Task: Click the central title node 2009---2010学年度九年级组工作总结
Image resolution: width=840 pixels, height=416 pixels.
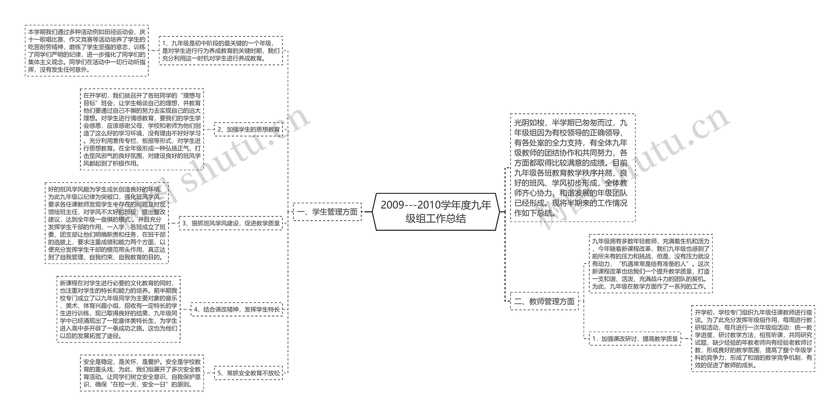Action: click(436, 212)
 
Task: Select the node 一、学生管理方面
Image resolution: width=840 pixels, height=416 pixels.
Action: click(327, 212)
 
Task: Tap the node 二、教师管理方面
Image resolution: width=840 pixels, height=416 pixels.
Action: click(544, 301)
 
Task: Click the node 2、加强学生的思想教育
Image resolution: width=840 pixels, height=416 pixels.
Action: click(248, 129)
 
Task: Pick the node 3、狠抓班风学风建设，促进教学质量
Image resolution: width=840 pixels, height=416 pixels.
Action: click(231, 223)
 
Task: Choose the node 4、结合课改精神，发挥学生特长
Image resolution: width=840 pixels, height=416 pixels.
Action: click(237, 309)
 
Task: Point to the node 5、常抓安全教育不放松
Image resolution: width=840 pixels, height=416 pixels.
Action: click(248, 373)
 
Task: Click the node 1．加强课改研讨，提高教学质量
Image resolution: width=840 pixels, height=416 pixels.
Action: click(635, 339)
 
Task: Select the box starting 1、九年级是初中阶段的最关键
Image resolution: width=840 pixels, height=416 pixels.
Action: click(221, 51)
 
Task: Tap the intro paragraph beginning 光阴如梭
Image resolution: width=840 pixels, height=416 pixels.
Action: click(573, 168)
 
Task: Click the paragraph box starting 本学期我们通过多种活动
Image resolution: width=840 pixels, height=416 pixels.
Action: click(87, 51)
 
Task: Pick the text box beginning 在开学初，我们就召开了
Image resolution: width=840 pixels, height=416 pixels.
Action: click(142, 129)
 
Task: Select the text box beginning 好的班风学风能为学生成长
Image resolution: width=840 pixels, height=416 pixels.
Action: click(107, 223)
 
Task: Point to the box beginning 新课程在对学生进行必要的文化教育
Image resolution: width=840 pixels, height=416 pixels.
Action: click(118, 309)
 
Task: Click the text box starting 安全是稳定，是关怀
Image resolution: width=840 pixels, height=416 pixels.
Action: click(142, 373)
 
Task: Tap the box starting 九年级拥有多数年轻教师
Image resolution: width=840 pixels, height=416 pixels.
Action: click(651, 264)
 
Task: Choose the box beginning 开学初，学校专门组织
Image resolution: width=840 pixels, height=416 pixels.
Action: click(753, 339)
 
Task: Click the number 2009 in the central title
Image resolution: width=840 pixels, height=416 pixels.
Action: click(392, 205)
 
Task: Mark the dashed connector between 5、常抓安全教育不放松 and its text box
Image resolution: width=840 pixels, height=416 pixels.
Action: click(209, 373)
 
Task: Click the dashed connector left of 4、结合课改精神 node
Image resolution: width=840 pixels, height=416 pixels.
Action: click(185, 309)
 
